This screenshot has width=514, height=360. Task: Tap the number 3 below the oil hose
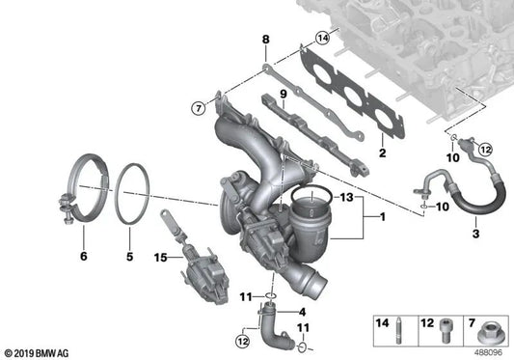[447, 235]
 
